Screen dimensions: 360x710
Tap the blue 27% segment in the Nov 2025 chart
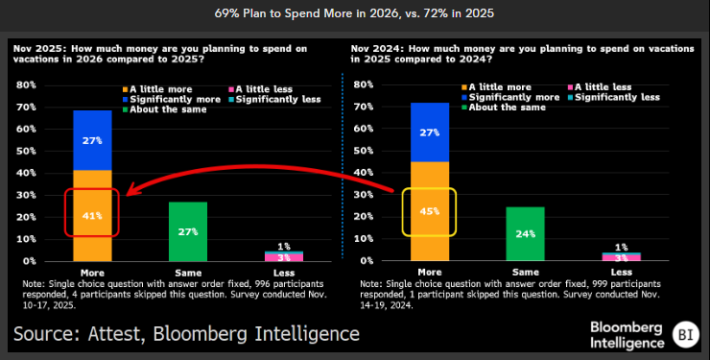click(x=93, y=140)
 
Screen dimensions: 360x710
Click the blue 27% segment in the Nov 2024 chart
click(x=430, y=132)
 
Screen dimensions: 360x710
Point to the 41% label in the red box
click(x=93, y=216)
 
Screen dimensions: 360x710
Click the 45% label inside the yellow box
click(x=429, y=211)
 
